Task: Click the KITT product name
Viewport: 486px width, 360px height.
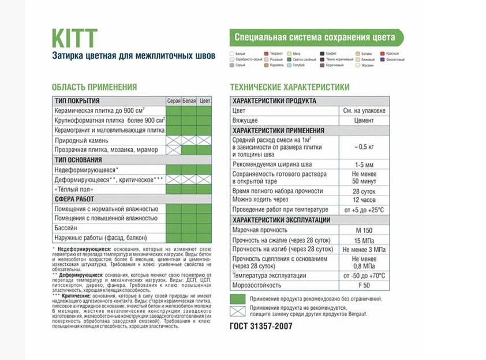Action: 74,39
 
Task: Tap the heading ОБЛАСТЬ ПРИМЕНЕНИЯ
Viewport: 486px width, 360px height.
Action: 94,87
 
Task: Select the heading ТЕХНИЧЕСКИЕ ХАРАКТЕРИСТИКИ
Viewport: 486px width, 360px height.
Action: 289,87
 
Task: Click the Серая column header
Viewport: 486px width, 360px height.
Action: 174,102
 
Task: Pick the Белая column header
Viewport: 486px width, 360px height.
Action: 189,102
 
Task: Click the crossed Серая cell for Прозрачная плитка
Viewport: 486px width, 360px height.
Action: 174,150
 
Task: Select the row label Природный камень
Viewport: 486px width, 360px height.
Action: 81,140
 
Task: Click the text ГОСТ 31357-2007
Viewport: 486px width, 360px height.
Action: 261,326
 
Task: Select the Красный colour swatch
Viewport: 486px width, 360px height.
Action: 382,54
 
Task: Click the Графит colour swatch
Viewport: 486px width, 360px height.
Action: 323,54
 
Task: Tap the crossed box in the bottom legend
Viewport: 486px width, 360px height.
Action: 237,312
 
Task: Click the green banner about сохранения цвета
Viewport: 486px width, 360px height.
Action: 316,37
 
